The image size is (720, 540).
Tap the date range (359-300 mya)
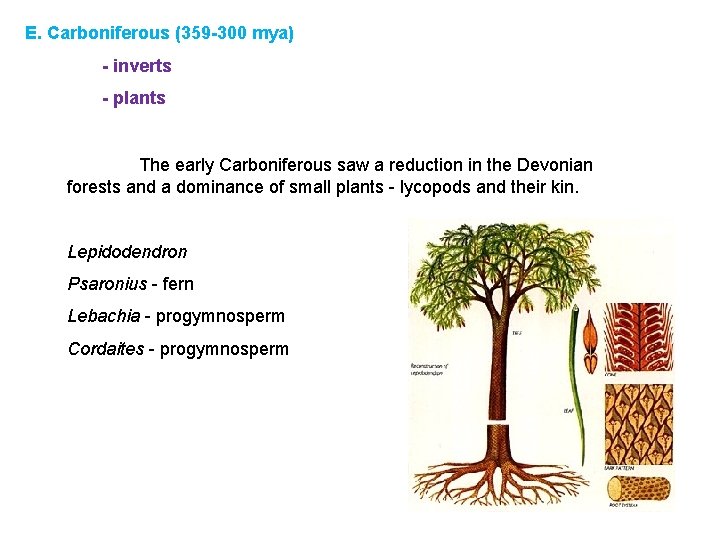(234, 33)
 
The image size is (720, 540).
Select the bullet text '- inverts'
(137, 66)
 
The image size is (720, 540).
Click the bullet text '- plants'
(134, 98)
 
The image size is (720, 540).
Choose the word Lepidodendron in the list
(127, 252)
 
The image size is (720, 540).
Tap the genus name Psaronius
(104, 284)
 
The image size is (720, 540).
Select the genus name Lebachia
(103, 316)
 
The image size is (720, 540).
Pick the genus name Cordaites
(105, 349)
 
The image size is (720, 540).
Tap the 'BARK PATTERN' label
(622, 467)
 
